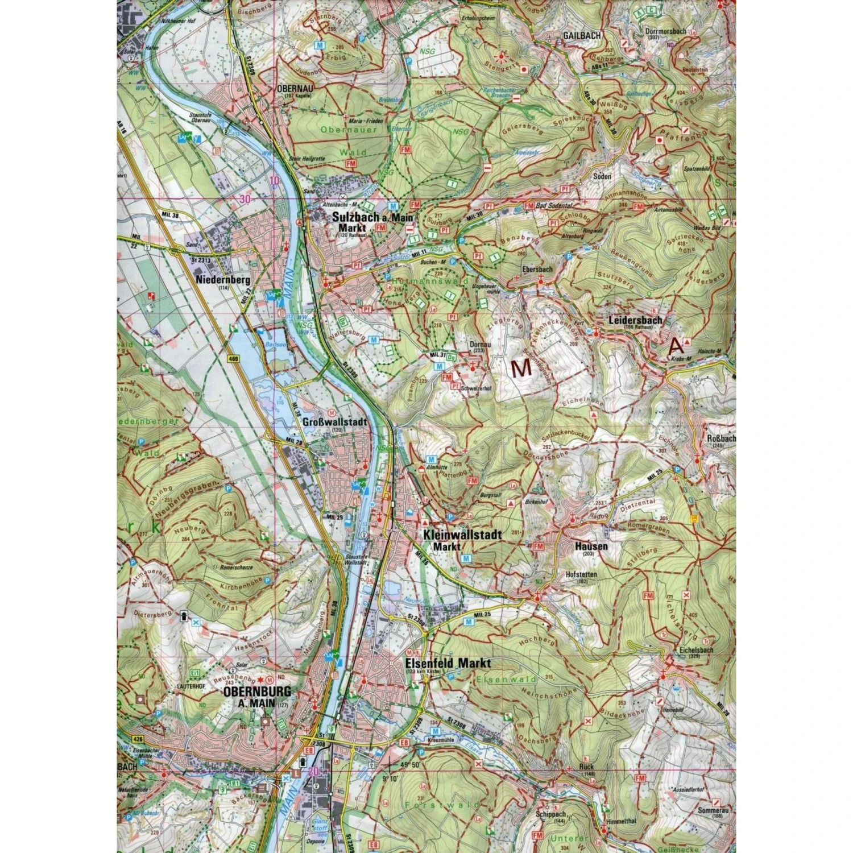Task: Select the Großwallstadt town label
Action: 335,423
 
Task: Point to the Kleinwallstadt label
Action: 462,535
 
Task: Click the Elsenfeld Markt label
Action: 448,663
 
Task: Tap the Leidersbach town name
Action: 635,320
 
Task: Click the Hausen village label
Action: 591,546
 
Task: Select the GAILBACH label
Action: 582,35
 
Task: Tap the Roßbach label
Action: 721,438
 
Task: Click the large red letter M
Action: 521,368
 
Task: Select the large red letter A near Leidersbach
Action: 676,345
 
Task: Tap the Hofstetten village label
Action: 581,574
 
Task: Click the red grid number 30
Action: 245,198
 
